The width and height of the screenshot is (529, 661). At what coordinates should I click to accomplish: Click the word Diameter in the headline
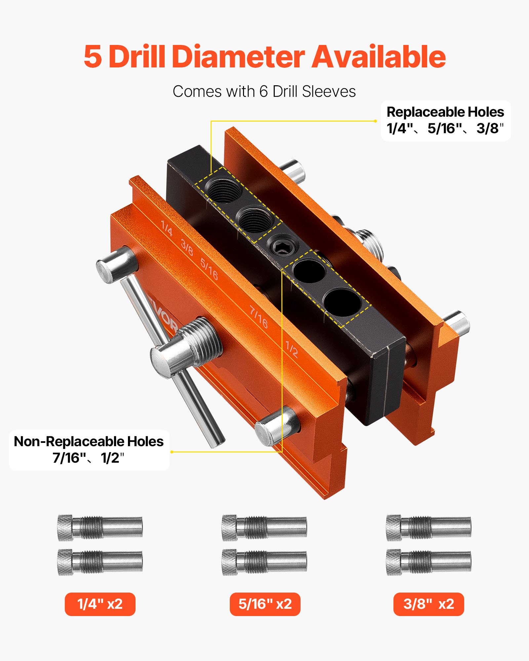(238, 57)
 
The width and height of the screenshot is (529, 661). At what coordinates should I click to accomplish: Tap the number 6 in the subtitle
(263, 92)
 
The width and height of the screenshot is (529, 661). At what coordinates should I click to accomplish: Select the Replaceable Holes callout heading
(445, 112)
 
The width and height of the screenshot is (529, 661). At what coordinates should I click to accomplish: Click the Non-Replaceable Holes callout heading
(89, 442)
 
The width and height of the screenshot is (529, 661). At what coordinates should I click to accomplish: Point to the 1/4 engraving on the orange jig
(167, 228)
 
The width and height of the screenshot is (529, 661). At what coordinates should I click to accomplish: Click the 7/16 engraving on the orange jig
(259, 317)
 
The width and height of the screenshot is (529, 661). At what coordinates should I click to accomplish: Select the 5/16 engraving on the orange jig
(209, 269)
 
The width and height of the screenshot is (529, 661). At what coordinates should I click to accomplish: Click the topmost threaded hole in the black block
(224, 189)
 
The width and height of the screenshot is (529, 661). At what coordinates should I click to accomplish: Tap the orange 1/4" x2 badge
(100, 604)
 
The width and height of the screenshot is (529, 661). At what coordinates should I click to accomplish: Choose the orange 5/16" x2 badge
(265, 604)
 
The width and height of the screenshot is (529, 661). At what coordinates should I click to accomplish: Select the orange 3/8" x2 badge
(428, 604)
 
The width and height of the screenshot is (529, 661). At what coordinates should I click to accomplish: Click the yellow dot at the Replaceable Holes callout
(375, 121)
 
